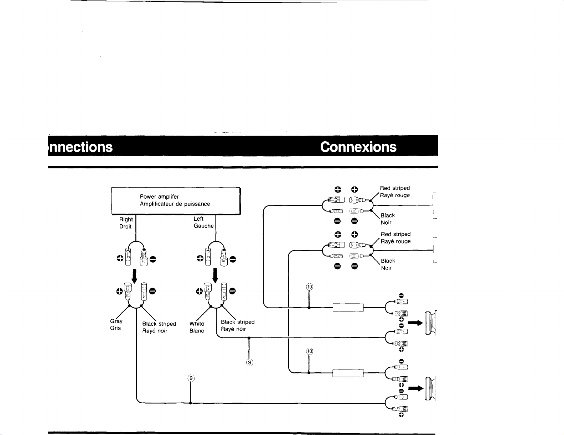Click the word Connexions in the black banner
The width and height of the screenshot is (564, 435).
pyautogui.click(x=358, y=147)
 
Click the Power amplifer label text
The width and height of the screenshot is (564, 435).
pyautogui.click(x=159, y=197)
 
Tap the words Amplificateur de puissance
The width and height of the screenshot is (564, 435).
pyautogui.click(x=175, y=204)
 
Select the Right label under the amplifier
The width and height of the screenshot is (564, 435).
pyautogui.click(x=126, y=219)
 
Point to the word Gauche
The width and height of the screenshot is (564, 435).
pyautogui.click(x=203, y=226)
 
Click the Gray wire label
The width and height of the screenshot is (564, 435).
pyautogui.click(x=116, y=321)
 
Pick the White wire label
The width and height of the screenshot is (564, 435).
pyautogui.click(x=197, y=324)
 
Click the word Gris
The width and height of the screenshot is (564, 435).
pyautogui.click(x=115, y=328)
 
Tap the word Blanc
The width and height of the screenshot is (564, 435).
pyautogui.click(x=197, y=331)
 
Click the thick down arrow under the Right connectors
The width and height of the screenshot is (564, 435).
pyautogui.click(x=134, y=276)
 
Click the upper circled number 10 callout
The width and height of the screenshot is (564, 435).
pyautogui.click(x=309, y=287)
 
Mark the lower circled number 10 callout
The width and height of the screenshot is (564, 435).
pyautogui.click(x=309, y=352)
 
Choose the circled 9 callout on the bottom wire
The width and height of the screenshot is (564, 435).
pyautogui.click(x=191, y=378)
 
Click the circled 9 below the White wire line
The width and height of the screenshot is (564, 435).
pyautogui.click(x=249, y=362)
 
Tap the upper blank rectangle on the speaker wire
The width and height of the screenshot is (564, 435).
pyautogui.click(x=348, y=308)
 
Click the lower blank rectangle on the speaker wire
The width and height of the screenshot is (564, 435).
pyautogui.click(x=348, y=373)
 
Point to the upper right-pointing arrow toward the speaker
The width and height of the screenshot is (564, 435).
pyautogui.click(x=415, y=323)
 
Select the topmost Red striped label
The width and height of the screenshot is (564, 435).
pyautogui.click(x=395, y=188)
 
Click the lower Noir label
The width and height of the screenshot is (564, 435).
pyautogui.click(x=386, y=268)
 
